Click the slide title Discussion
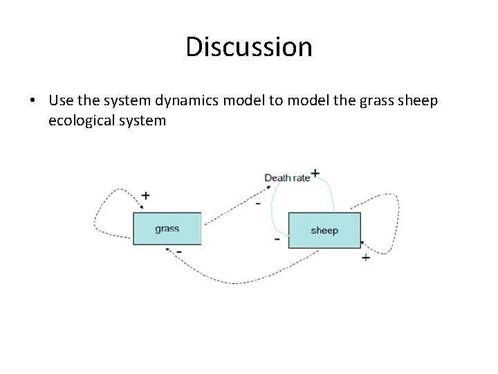[x=249, y=47]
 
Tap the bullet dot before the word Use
[x=33, y=101]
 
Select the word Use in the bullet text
[x=62, y=100]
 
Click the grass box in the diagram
[x=167, y=229]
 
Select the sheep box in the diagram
[x=324, y=230]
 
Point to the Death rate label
[x=287, y=178]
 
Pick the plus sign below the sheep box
[x=365, y=258]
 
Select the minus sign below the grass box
[x=179, y=250]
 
